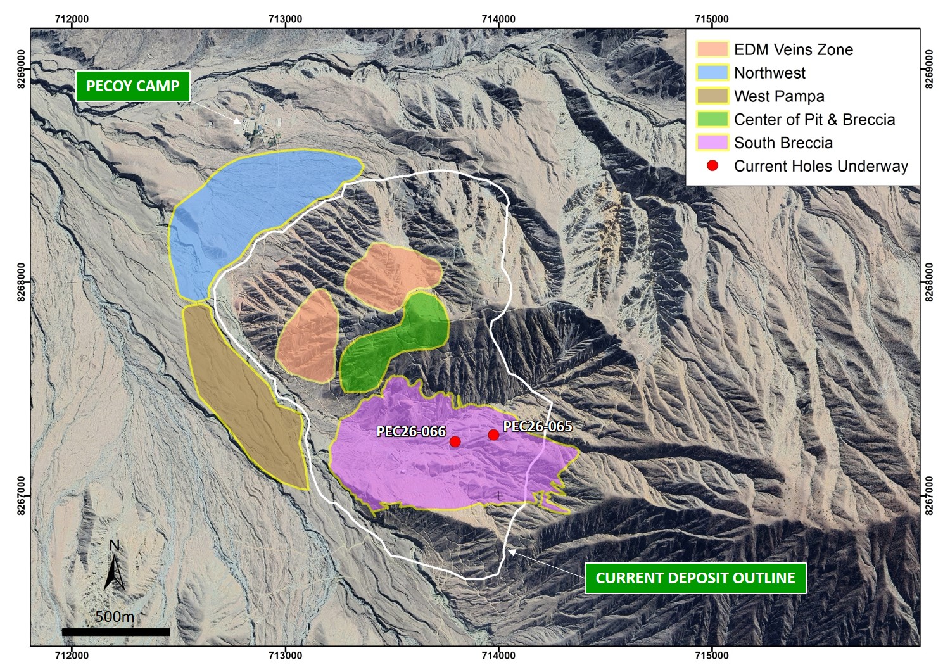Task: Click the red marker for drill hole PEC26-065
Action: click(493, 434)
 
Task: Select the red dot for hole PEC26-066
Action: click(455, 441)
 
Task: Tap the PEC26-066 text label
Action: click(411, 432)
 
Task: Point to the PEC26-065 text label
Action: click(537, 426)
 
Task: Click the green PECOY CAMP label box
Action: click(133, 86)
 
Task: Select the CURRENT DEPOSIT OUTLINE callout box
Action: click(695, 578)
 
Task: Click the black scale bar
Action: click(116, 631)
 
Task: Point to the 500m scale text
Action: click(115, 616)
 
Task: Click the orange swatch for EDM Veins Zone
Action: click(712, 49)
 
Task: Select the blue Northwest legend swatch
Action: click(712, 73)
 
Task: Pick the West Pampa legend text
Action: click(779, 96)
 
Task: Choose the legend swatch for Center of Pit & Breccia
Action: click(712, 120)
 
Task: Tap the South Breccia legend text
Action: click(783, 143)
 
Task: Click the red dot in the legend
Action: click(712, 166)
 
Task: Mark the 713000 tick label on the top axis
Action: click(285, 19)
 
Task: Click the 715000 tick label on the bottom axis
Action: click(711, 656)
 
